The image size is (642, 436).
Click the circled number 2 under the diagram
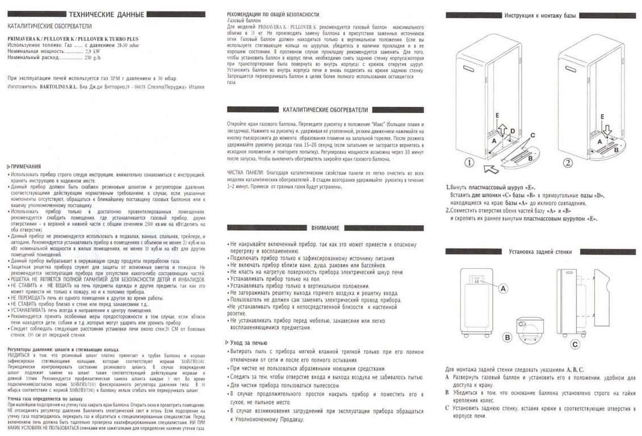[x=568, y=162]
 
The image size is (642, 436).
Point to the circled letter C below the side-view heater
[x=575, y=344]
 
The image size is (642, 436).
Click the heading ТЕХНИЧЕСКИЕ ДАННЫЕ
[x=111, y=15]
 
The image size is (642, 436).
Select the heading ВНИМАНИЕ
[x=325, y=228]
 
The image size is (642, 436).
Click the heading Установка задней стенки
[x=540, y=251]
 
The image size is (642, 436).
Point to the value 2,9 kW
[x=93, y=51]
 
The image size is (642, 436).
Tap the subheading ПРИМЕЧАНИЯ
[x=25, y=167]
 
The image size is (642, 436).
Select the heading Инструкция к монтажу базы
[x=540, y=15]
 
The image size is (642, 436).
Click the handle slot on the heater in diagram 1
[x=471, y=70]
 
